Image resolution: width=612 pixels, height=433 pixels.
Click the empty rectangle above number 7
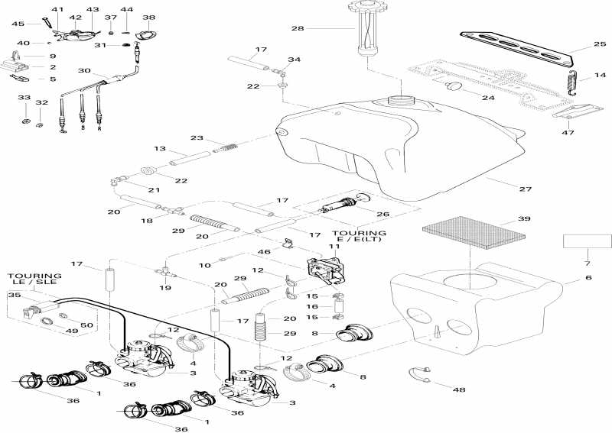coord(588,241)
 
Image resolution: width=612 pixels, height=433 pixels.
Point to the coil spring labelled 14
coord(569,82)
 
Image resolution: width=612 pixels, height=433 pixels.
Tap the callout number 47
coord(568,133)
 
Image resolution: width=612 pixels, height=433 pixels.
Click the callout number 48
coord(459,390)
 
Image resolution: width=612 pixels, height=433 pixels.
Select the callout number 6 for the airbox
coord(588,279)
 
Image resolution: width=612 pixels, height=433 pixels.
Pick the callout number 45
coord(18,24)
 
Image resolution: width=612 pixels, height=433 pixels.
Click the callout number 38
coord(148,17)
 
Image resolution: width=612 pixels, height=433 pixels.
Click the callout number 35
coord(13,294)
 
